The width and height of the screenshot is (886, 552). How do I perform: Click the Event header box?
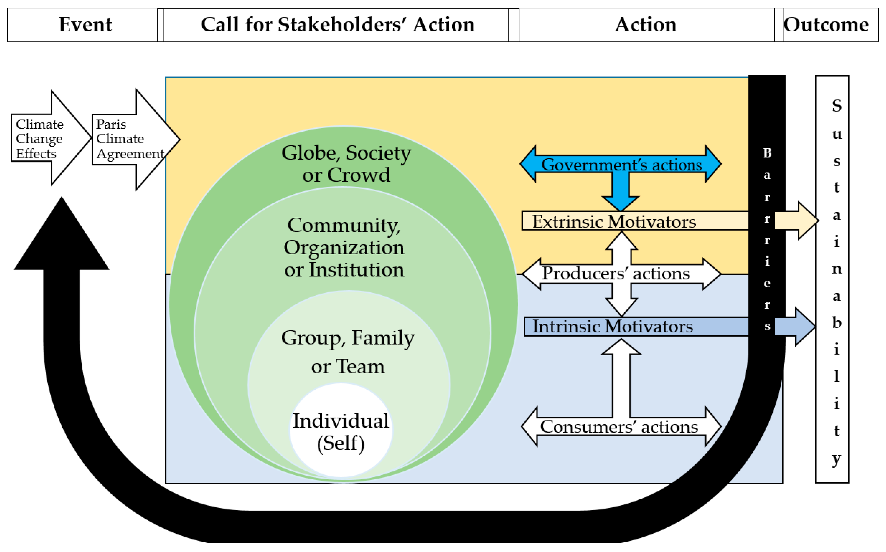tap(85, 25)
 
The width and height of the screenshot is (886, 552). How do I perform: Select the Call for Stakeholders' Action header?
tap(337, 25)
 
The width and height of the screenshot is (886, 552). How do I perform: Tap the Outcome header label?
tap(826, 25)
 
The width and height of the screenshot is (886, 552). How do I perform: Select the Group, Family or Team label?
tap(348, 352)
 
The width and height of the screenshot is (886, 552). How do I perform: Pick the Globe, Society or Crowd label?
tap(346, 164)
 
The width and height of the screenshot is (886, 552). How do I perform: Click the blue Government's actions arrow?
tap(621, 165)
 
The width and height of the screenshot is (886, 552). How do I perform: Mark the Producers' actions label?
tap(616, 274)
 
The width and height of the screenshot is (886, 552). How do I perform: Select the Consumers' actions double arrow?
tap(619, 427)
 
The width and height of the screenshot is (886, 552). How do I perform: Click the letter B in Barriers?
tap(767, 153)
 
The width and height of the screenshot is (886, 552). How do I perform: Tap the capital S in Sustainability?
tap(837, 106)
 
